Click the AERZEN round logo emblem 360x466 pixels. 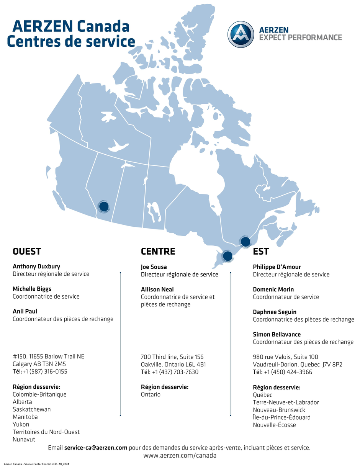[241, 34]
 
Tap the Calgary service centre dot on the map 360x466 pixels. [104, 206]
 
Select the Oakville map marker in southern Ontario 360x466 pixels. [227, 256]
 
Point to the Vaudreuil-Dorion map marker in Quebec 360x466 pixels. [245, 242]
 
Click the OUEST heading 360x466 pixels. [27, 252]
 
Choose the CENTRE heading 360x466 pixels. [158, 252]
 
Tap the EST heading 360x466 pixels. [261, 252]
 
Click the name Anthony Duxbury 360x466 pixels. [36, 266]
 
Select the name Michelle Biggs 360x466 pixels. [32, 289]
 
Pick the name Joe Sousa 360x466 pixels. [154, 267]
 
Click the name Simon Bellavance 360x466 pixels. [277, 334]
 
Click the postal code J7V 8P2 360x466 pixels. [332, 364]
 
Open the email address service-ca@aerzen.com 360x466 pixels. [96, 447]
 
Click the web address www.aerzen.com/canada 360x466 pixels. [180, 456]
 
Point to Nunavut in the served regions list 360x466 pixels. [24, 439]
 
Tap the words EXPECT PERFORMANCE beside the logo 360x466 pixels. [300, 38]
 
